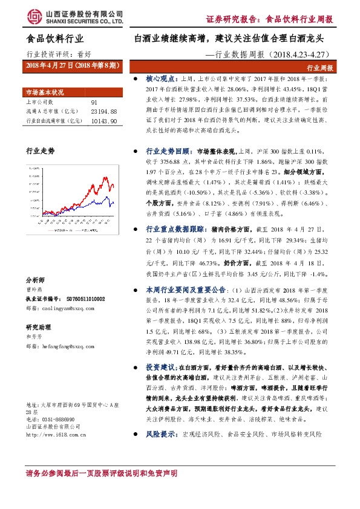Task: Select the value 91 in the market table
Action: (x=94, y=103)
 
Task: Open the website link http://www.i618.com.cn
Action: (x=60, y=433)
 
